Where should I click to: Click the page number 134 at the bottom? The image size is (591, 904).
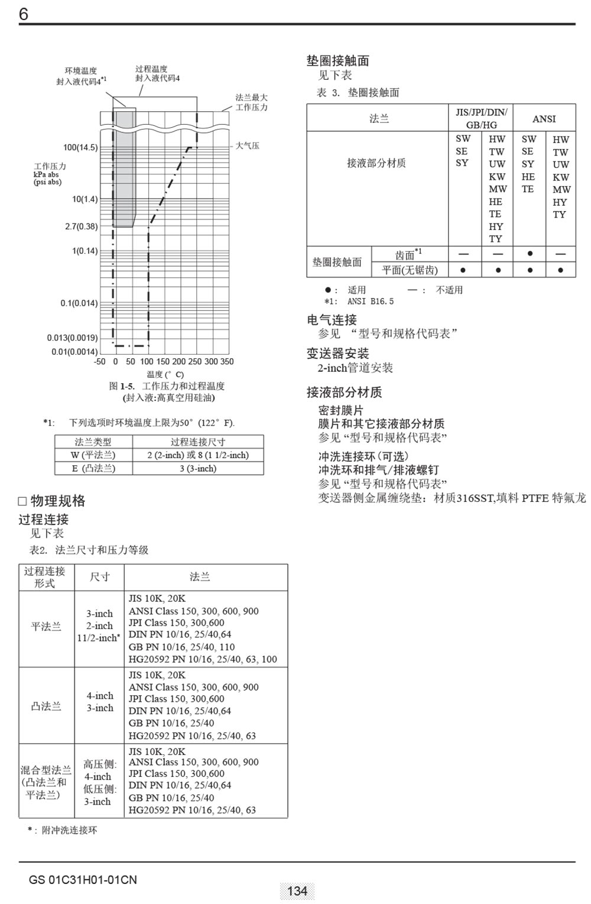coord(297,890)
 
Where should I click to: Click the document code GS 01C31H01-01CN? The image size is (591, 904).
coord(83,880)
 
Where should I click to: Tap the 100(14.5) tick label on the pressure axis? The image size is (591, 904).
coord(80,147)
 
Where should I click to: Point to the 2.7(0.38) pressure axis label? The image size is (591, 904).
coord(81,226)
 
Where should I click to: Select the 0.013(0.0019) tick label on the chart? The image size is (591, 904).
coord(72,338)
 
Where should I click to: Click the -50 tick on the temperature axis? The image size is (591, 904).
coord(100,361)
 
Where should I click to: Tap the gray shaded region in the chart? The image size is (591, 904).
coord(124,171)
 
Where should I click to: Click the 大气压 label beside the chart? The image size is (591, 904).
coord(247,145)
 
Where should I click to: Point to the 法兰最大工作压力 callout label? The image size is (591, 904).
coord(251,102)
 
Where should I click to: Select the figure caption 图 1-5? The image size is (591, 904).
coord(167,386)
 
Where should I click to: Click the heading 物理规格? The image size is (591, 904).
coord(57,501)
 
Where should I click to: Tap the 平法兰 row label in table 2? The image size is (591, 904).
coord(46,626)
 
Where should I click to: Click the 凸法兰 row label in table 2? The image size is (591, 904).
coord(46,706)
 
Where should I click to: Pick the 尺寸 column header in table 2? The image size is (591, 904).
coord(99,577)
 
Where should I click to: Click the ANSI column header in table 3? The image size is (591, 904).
coord(544,119)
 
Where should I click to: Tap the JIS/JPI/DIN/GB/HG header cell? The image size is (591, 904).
coord(481,118)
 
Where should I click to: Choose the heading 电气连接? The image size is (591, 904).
coord(332,320)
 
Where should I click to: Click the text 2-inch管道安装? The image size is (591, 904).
coord(355,368)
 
